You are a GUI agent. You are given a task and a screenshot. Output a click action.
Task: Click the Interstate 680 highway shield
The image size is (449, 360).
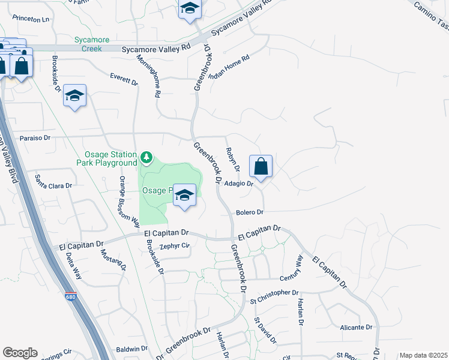(x=70, y=296)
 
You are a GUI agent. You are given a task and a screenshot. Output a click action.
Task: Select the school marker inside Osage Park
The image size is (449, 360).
(x=185, y=196)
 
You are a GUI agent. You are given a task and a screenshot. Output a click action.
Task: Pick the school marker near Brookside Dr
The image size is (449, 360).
(x=75, y=96)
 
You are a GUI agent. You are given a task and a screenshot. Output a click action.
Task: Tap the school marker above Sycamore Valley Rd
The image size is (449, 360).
(x=190, y=9)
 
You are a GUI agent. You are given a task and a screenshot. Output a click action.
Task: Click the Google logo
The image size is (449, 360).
(x=20, y=353)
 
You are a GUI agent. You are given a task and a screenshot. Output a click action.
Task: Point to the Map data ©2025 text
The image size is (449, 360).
(x=423, y=355)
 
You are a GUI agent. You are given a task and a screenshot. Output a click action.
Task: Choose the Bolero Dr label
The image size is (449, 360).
(x=250, y=212)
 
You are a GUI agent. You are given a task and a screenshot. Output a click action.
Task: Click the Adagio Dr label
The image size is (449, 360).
(x=238, y=184)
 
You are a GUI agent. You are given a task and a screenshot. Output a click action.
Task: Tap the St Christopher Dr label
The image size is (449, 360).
(x=274, y=293)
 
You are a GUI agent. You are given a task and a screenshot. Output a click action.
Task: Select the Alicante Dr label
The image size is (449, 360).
(x=357, y=327)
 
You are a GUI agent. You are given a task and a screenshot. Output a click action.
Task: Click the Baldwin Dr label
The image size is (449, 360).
(x=131, y=348)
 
